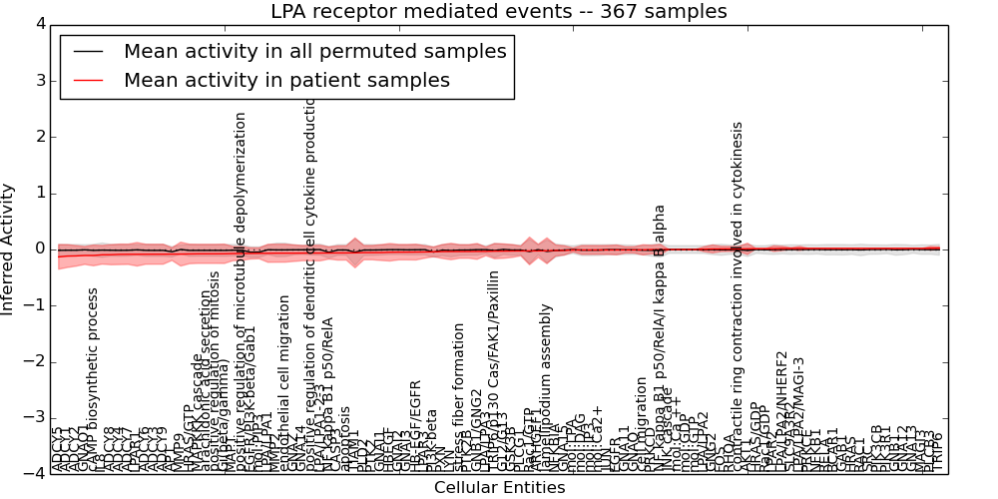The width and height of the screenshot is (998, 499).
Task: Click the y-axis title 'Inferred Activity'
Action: (9, 249)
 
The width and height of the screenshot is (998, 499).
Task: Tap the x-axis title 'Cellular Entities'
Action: (499, 488)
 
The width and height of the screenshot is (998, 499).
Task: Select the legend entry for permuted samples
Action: (314, 51)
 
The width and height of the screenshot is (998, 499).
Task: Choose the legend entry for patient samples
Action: (286, 80)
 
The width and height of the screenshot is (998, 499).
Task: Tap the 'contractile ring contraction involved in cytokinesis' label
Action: (739, 297)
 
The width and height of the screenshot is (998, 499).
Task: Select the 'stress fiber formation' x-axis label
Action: (459, 397)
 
